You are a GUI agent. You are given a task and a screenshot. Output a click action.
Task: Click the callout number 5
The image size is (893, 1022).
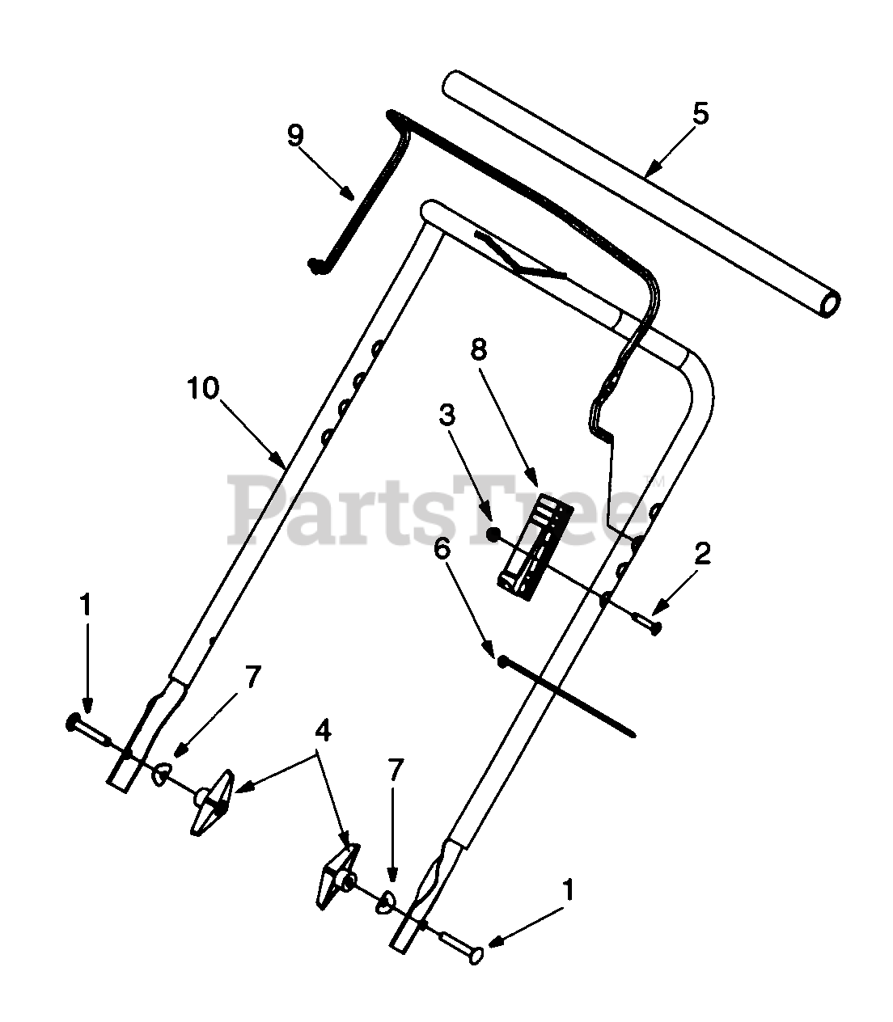click(700, 114)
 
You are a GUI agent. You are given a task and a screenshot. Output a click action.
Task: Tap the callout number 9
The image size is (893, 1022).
click(295, 135)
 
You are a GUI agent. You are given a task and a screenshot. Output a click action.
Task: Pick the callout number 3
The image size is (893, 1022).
click(446, 416)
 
